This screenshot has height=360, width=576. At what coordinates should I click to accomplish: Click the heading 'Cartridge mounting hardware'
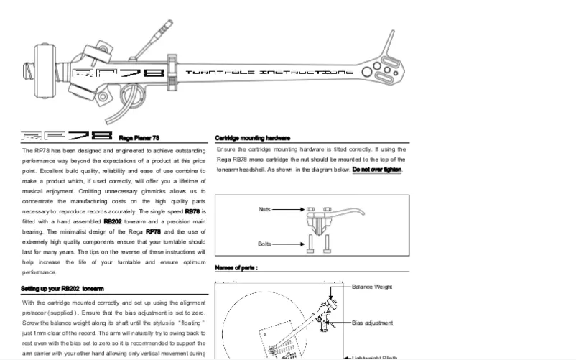point(252,138)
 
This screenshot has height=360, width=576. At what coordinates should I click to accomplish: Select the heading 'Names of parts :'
point(236,267)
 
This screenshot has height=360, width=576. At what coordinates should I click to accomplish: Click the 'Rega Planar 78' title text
point(139,137)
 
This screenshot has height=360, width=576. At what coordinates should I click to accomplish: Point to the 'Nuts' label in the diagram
point(265,209)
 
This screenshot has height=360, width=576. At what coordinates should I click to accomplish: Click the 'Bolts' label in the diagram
point(265,244)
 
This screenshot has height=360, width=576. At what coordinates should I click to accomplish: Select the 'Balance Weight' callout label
point(372,287)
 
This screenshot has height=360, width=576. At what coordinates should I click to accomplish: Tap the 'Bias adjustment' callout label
point(373,323)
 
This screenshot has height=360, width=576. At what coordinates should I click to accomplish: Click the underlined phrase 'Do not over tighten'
point(377,170)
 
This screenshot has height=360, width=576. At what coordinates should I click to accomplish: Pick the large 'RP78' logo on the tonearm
point(119,73)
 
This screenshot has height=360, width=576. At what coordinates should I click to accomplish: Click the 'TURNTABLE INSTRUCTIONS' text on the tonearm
point(269,73)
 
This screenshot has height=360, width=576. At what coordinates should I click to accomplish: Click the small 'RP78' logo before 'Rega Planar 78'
point(67,137)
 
